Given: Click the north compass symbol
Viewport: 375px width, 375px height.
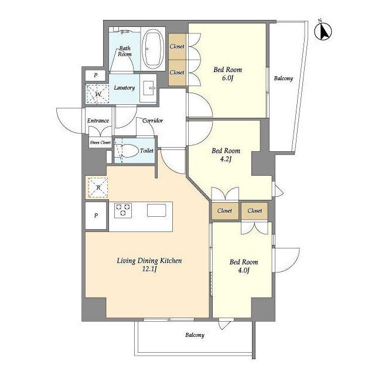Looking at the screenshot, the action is (323, 31).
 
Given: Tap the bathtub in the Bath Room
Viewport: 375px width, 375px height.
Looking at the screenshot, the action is (153, 49).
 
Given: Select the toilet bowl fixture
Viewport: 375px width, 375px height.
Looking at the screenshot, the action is (127, 151).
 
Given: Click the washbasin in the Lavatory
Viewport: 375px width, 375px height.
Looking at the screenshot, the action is (148, 88).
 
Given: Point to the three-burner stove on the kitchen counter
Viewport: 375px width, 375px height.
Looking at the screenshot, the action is (123, 210).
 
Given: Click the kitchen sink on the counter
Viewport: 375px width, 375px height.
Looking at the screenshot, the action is (156, 210).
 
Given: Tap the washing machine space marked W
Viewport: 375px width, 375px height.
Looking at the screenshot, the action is (98, 94).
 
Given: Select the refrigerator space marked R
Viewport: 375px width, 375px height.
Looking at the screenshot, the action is (98, 187).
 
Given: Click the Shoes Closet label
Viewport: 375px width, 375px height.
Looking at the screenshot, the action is (100, 142).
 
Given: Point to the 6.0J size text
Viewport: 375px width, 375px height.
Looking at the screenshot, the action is (227, 78).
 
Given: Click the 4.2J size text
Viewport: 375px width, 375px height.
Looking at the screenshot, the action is (226, 159).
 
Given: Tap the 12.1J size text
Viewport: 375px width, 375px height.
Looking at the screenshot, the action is (149, 269).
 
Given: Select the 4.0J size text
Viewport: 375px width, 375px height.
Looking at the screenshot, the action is (244, 271).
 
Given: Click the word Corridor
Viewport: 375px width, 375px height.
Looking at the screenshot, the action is (152, 121).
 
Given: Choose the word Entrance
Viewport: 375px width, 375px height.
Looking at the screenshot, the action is (98, 121).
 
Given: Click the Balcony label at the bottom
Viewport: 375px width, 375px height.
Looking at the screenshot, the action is (195, 335).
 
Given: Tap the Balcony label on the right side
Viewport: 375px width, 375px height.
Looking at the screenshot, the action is (284, 78).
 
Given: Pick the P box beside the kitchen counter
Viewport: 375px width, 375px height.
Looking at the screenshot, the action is (96, 216).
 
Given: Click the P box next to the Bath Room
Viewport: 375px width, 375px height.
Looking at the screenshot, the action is (96, 76).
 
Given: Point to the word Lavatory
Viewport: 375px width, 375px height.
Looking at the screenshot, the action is (124, 88).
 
